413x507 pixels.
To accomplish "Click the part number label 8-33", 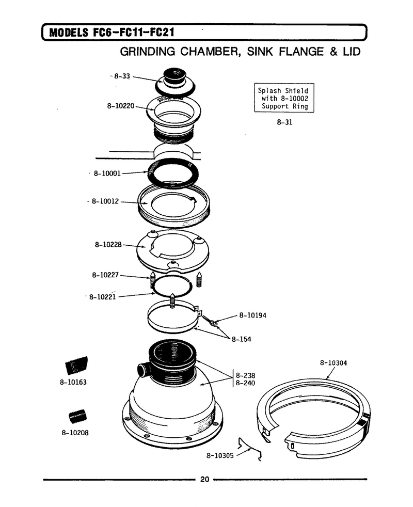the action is click(122, 76).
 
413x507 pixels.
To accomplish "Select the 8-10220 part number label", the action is click(121, 106).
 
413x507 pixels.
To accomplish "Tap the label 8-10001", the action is click(107, 173).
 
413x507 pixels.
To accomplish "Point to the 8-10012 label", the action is click(105, 201).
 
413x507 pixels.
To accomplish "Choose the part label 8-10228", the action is click(108, 244).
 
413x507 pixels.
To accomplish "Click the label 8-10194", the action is click(253, 315).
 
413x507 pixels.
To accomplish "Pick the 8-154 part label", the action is click(241, 339).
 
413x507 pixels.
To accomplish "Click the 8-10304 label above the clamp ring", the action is click(333, 363).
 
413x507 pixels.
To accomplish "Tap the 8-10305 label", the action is click(220, 455).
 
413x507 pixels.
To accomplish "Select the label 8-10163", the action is click(73, 382).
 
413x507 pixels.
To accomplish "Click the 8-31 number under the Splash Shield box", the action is click(284, 122).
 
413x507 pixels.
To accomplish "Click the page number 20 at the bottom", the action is click(205, 479).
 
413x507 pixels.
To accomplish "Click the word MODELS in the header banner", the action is click(69, 33).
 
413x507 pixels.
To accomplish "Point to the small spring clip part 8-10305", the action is click(250, 449).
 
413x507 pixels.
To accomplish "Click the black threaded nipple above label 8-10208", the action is click(77, 416).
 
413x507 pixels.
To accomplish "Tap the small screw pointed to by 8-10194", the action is click(209, 320).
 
